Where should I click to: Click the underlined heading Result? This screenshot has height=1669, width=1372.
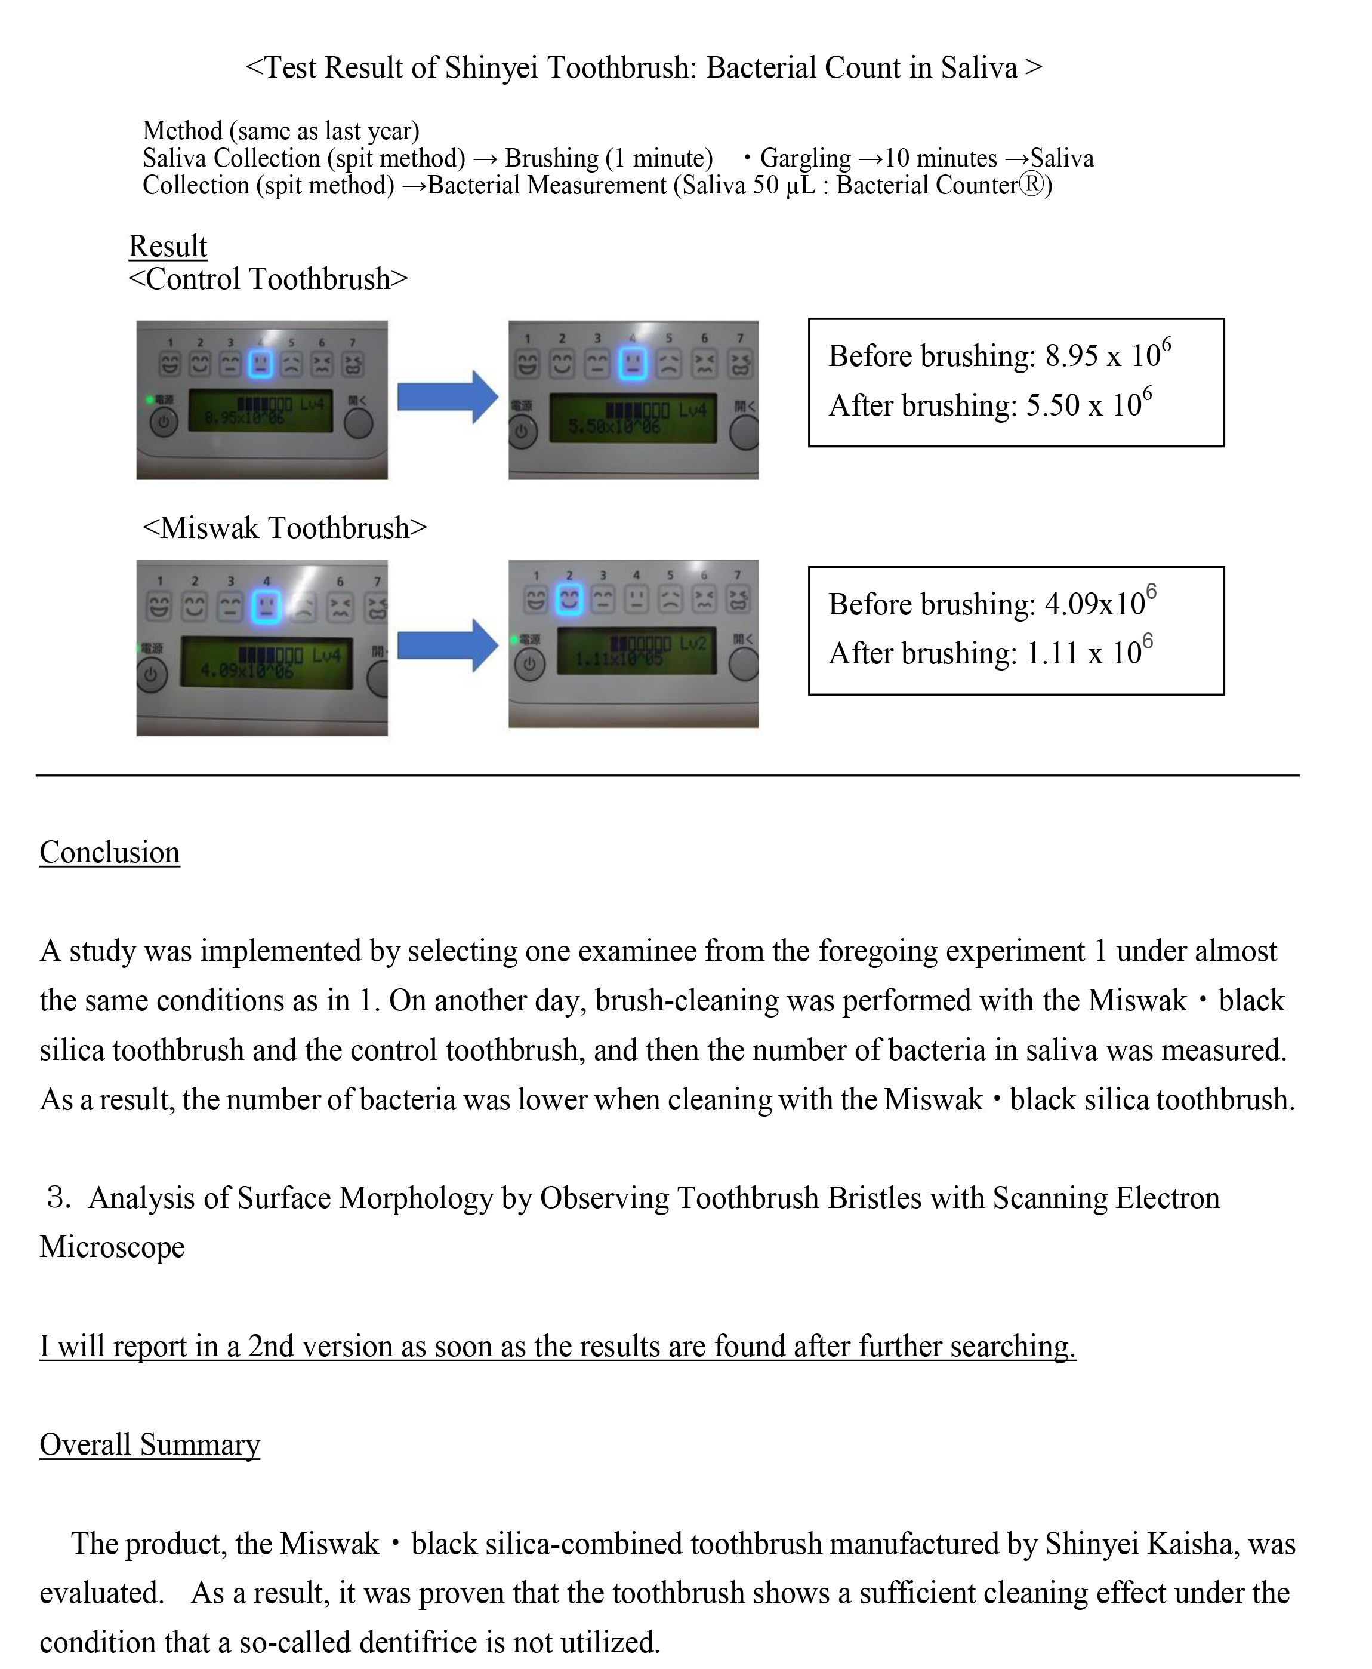click(x=168, y=246)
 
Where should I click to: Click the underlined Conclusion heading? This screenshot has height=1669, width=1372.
click(x=110, y=852)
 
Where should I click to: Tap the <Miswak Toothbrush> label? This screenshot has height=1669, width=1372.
click(x=285, y=527)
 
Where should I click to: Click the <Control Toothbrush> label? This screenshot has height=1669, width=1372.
click(x=268, y=279)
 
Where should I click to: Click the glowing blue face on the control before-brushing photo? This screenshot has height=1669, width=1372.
click(x=260, y=364)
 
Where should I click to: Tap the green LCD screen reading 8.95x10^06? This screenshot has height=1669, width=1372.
click(x=260, y=411)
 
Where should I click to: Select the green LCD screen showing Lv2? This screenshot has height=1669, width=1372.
click(x=636, y=651)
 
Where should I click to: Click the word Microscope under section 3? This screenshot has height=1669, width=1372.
click(x=112, y=1247)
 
